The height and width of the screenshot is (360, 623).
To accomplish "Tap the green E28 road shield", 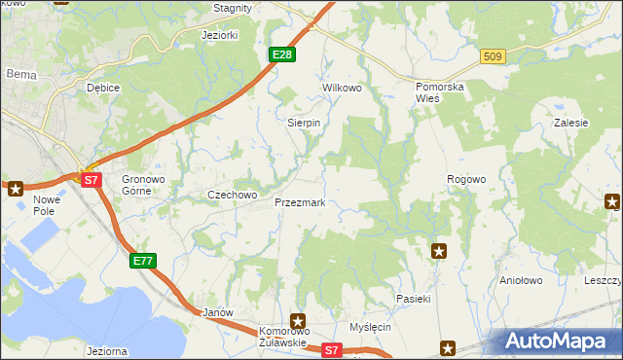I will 281,54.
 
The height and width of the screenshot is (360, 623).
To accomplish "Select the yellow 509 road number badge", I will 493,57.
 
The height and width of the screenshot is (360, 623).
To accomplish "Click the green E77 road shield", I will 143,260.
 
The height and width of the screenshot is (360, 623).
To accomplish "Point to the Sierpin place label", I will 304,124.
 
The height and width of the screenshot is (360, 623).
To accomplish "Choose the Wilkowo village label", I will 342,88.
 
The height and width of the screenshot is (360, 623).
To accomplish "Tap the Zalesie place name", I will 571,124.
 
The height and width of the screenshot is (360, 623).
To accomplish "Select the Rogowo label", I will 465,180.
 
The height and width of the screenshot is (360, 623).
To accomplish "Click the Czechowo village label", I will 233,195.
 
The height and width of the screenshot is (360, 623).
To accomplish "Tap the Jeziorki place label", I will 219,35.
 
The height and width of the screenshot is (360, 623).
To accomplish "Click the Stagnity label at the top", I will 233,8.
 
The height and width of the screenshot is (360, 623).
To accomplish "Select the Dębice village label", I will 102,88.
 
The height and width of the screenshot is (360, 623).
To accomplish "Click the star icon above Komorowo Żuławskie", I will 298,320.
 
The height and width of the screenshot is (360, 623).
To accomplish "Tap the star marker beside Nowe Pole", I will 15,188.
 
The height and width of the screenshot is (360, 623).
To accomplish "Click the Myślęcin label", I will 370,327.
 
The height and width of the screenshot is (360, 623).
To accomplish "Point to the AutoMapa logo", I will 559,342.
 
